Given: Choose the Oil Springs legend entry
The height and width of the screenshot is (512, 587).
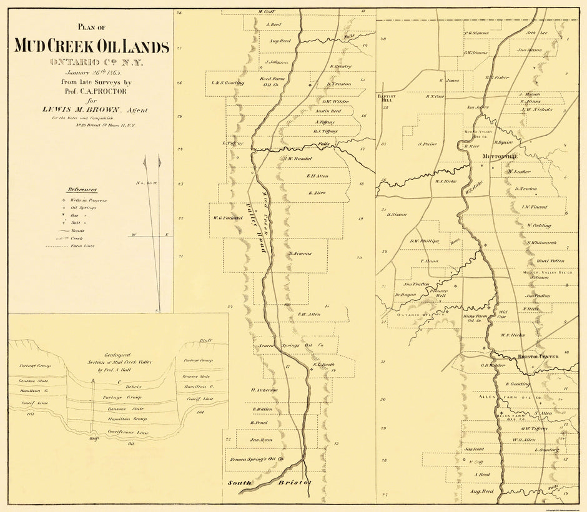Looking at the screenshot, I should tap(84, 207).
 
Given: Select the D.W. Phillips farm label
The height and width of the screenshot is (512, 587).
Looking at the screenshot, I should tap(425, 241).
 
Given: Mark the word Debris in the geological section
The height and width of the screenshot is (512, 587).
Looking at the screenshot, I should tap(117, 386).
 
